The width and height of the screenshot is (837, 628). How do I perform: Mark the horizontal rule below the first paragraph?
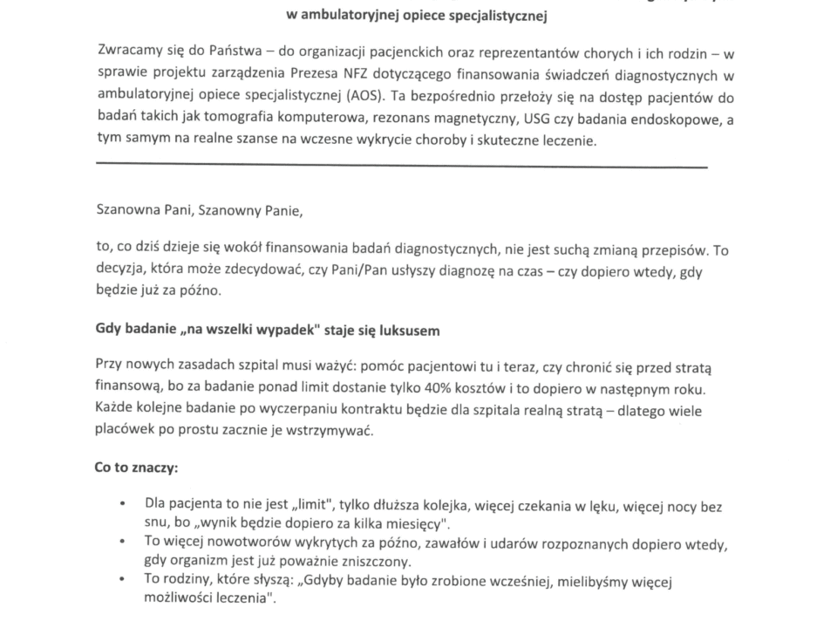[401, 166]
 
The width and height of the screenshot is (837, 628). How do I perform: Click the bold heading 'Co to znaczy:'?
[136, 468]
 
